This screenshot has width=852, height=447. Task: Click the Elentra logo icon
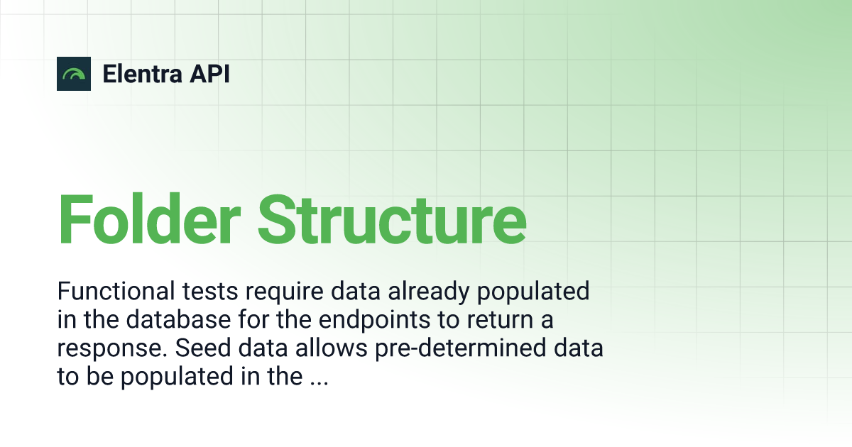pyautogui.click(x=74, y=74)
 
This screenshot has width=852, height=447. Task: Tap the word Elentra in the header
pyautogui.click(x=142, y=74)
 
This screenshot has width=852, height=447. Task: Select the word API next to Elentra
pyautogui.click(x=209, y=74)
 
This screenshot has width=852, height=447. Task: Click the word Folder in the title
pyautogui.click(x=149, y=219)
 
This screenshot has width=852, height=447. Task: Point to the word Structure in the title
pyautogui.click(x=392, y=219)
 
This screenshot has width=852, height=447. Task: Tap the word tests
pyautogui.click(x=210, y=292)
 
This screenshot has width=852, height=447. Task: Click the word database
pyautogui.click(x=178, y=320)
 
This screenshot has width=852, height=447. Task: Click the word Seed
pyautogui.click(x=203, y=348)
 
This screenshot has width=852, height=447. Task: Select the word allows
pyautogui.click(x=332, y=348)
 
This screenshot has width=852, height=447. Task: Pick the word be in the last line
pyautogui.click(x=100, y=376)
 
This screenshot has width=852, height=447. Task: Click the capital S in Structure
pyautogui.click(x=276, y=219)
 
